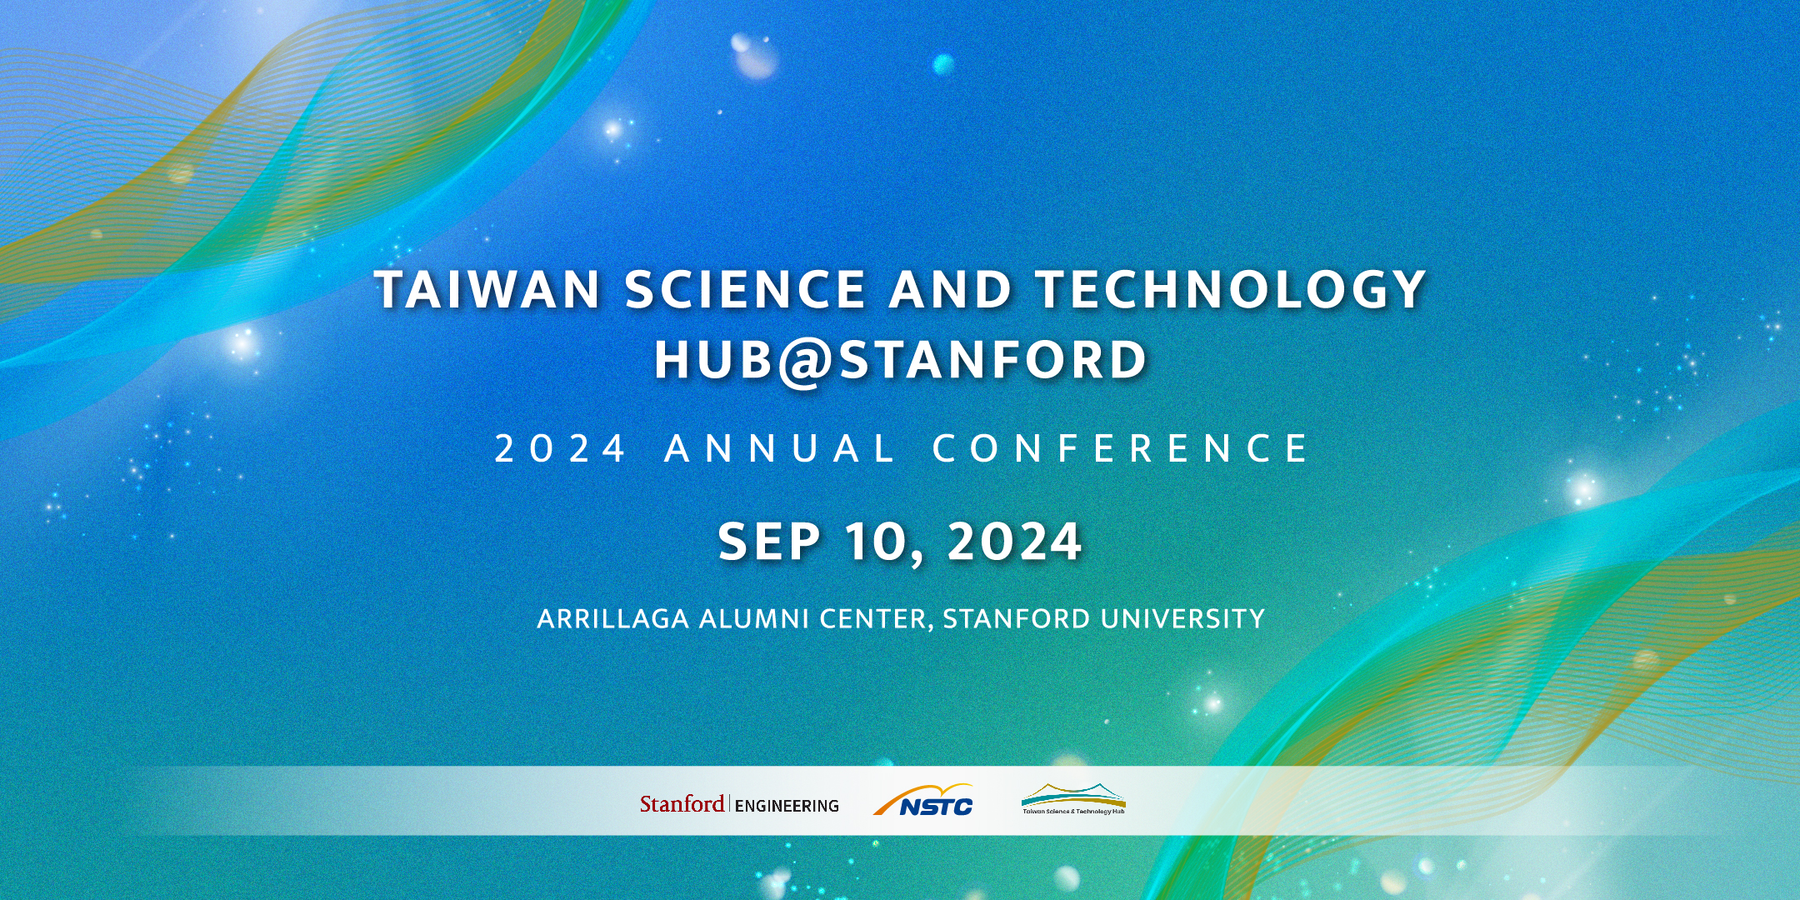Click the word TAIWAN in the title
click(487, 289)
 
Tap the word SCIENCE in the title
click(745, 289)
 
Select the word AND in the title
click(950, 289)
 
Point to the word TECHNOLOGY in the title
click(1231, 289)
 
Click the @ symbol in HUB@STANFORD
click(806, 362)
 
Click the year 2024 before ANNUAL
click(559, 448)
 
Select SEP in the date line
click(769, 542)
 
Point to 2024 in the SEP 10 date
click(1014, 542)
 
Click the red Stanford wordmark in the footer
click(682, 804)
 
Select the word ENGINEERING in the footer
click(787, 806)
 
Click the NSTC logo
click(923, 800)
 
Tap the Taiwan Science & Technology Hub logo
click(1073, 798)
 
